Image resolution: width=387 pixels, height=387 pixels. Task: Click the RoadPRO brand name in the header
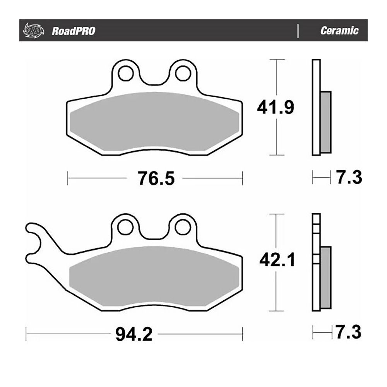[73, 31]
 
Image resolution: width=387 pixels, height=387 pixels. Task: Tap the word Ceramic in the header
[339, 31]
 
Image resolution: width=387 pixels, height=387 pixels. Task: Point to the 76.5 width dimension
[155, 178]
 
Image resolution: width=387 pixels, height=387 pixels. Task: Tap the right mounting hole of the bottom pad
[181, 228]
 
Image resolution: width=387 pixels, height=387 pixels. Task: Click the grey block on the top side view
[326, 122]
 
